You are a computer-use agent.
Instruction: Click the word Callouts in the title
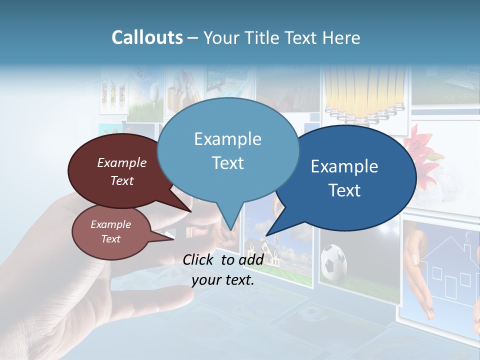pos(147,37)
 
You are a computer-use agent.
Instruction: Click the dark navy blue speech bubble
pos(350,177)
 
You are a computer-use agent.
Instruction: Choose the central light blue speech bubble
pos(227,150)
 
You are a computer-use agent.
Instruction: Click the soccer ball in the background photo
pos(333,261)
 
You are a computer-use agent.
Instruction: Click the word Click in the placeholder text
pos(199,259)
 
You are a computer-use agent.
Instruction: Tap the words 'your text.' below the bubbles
pos(223,280)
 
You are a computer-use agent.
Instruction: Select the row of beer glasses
pos(365,95)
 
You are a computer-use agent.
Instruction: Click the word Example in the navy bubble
pos(344,166)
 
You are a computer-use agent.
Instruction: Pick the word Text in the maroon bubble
pos(122,180)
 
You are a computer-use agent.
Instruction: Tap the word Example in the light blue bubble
pos(227,139)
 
